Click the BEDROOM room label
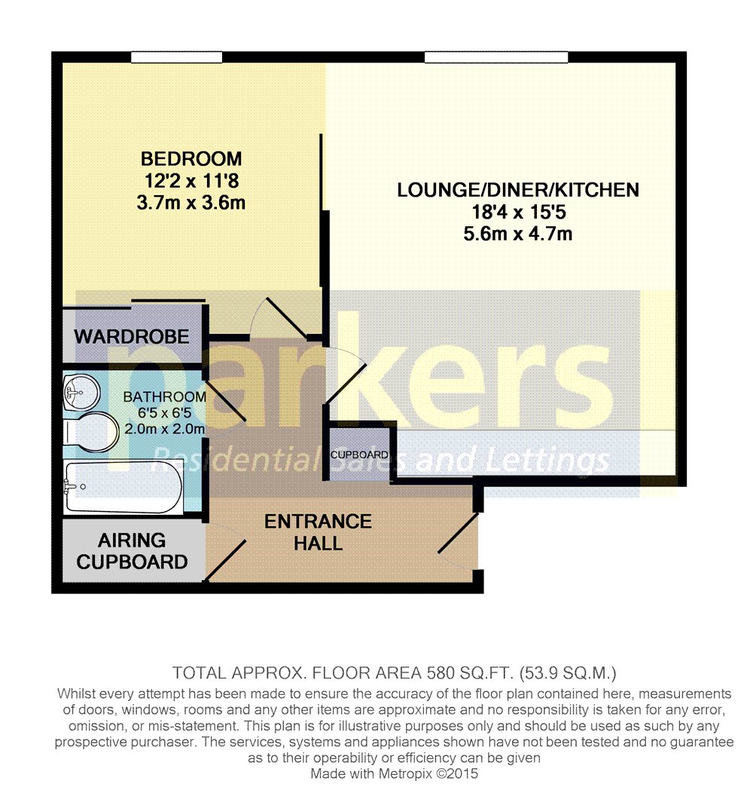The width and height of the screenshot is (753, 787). (x=191, y=159)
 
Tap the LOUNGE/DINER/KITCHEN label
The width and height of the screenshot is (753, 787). (x=518, y=189)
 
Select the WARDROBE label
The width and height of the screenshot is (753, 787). (x=132, y=336)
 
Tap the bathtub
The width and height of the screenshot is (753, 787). (x=122, y=487)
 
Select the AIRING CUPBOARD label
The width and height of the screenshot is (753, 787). (x=132, y=551)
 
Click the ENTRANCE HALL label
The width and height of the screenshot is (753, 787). (x=318, y=531)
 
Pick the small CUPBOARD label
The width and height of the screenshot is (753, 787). (x=359, y=455)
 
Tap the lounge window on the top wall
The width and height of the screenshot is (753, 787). (x=495, y=57)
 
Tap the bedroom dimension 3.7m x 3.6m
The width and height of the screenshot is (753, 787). (x=191, y=203)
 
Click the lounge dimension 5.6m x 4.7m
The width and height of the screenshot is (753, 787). (x=518, y=234)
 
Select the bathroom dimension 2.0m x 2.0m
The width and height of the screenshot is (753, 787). (x=164, y=429)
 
